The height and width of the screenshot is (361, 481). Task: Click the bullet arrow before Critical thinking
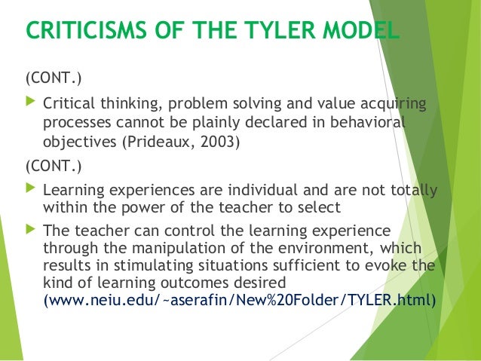point(31,101)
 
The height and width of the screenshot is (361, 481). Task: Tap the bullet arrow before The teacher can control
point(31,228)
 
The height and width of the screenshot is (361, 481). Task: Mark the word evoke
point(389,265)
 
